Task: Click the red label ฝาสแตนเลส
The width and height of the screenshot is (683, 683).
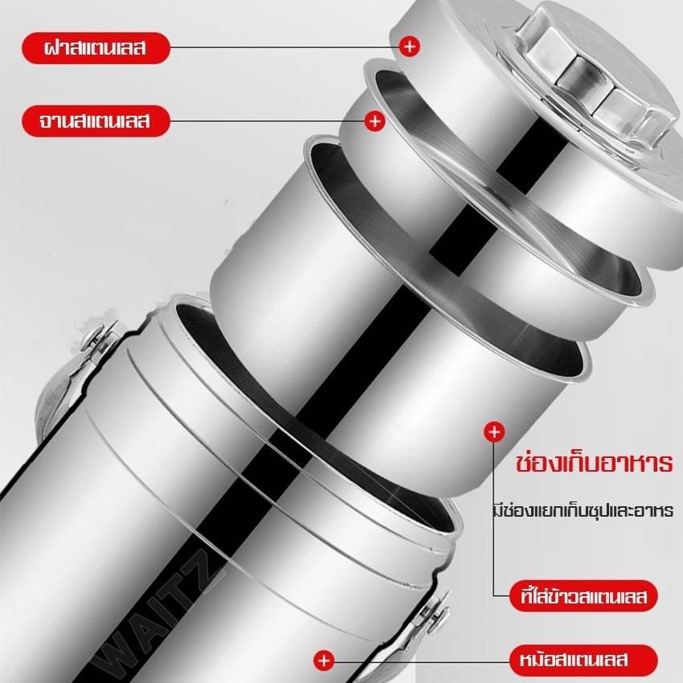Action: click(x=95, y=48)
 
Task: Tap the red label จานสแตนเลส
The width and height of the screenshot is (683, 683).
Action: click(x=95, y=121)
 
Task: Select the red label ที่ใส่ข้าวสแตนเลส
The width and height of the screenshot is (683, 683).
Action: click(x=583, y=596)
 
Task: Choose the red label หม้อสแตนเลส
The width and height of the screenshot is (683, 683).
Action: click(x=583, y=660)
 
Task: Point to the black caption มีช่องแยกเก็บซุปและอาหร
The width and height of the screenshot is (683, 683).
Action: click(x=583, y=509)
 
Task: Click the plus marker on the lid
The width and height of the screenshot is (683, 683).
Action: click(x=409, y=46)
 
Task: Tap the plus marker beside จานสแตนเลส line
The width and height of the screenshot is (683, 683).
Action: click(x=374, y=121)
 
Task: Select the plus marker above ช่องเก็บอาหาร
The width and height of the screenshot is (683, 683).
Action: click(x=494, y=432)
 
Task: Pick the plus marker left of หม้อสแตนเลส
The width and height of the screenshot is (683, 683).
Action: click(x=324, y=661)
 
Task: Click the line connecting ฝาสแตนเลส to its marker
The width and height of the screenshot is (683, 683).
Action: click(x=284, y=47)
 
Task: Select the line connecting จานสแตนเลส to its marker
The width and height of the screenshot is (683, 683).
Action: click(x=267, y=121)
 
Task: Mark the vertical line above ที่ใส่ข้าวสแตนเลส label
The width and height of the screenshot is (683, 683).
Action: click(x=494, y=519)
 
